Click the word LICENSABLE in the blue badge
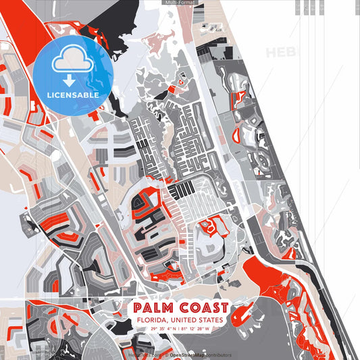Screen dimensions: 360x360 coord(73,95)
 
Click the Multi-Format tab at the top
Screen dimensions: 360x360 coord(180,3)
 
